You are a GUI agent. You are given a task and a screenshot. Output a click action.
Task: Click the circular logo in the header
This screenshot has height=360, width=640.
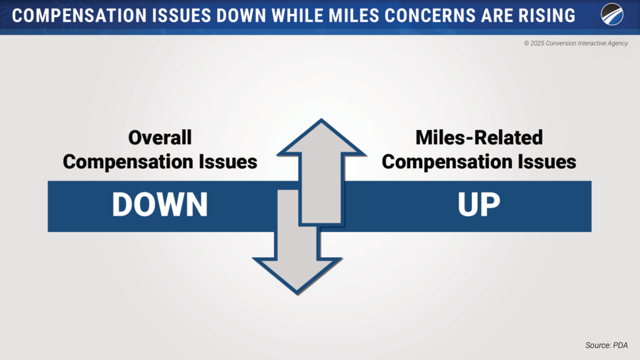[x=612, y=15]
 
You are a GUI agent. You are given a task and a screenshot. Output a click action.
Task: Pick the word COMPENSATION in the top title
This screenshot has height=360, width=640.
[x=79, y=16]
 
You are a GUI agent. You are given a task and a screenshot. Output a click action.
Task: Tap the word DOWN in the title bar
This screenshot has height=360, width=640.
[x=241, y=16]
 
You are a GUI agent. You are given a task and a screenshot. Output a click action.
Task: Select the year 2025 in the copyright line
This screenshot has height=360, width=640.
[x=537, y=44]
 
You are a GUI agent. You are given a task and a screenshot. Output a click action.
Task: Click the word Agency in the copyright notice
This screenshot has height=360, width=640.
[x=617, y=44]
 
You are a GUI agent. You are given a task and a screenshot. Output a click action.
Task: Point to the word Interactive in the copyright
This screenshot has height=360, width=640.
[x=591, y=44]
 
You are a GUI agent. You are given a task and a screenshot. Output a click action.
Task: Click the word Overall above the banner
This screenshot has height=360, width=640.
[x=160, y=137]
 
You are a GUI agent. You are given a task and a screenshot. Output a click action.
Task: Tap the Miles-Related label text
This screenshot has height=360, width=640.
[x=479, y=137]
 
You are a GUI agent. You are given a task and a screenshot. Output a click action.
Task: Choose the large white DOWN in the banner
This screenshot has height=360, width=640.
[x=160, y=204]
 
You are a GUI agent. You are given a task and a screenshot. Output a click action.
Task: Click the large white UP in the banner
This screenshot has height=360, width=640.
[x=479, y=204]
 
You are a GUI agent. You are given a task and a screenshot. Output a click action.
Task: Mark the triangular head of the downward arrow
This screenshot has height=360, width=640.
[x=297, y=274]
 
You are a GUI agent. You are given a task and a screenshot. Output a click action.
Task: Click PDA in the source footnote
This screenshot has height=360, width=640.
[x=620, y=345]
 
